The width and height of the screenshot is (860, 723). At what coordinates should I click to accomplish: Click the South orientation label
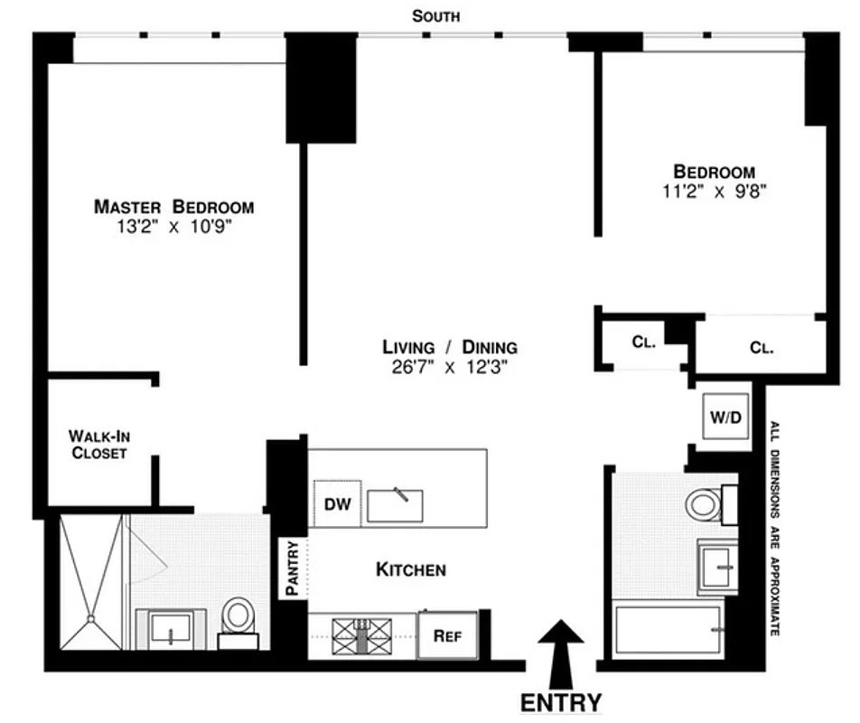coord(435,15)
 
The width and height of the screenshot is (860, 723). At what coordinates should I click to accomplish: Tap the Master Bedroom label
coord(173,207)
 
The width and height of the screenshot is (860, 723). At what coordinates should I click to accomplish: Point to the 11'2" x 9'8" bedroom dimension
coord(714,191)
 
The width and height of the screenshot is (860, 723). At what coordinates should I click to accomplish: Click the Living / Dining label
coord(449,347)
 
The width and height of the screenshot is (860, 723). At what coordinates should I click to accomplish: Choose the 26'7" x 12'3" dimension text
coord(449,367)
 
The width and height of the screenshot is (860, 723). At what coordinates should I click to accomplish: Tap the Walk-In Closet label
coord(99,444)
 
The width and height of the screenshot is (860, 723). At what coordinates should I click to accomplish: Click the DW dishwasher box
coord(337,503)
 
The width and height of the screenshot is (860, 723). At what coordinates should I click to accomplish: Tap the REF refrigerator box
coord(447,634)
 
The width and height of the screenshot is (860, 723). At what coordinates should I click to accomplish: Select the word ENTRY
coord(560,702)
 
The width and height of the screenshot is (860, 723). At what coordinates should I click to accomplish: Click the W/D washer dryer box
coord(725,418)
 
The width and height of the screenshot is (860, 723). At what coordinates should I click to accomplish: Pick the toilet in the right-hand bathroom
coord(705,504)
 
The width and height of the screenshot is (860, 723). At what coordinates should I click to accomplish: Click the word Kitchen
coord(410,569)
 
